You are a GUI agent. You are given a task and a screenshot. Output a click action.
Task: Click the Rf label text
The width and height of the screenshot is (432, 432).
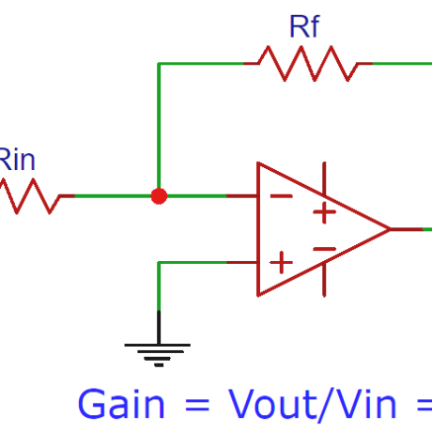pos(303,26)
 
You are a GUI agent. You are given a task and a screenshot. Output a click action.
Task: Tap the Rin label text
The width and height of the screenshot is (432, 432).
pos(16,160)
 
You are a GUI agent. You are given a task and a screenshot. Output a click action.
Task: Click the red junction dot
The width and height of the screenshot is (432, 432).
pos(159,196)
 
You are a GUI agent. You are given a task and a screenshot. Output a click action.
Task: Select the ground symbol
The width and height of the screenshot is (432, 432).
pos(158,353)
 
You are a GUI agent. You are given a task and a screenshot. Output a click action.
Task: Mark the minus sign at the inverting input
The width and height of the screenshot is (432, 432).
pos(280,196)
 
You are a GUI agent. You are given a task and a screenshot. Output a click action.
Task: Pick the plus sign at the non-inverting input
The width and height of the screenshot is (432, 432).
pos(280,262)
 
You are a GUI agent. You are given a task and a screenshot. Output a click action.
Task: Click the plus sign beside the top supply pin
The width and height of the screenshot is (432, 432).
pos(324,212)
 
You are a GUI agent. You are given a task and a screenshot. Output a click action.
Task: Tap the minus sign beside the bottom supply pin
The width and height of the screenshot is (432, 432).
pos(324,249)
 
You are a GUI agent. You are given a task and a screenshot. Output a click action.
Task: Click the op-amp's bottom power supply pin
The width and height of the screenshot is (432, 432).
pos(325,281)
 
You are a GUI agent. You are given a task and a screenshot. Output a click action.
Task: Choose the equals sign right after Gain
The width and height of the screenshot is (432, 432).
pos(195,405)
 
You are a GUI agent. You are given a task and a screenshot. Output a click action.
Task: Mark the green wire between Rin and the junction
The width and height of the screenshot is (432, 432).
pos(113,196)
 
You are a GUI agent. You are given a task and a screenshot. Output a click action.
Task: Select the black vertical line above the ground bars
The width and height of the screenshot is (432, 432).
pos(159,326)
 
